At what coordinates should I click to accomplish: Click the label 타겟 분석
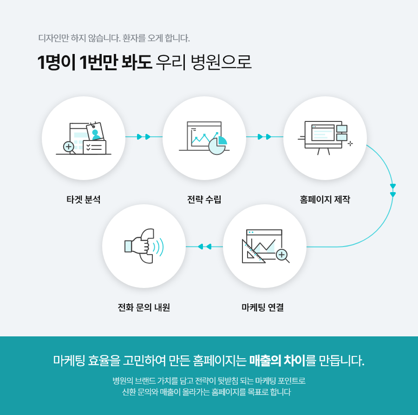click(84, 200)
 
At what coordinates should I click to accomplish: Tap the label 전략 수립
click(204, 200)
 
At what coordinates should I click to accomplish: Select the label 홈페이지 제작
click(325, 200)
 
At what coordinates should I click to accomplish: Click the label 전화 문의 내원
click(144, 308)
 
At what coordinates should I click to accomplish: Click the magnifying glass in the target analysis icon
click(69, 147)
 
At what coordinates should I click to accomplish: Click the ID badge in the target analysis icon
click(95, 132)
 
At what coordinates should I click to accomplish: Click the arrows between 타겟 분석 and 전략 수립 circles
click(144, 137)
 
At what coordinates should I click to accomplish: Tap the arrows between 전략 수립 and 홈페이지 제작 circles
click(265, 137)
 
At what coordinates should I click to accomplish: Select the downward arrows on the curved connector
click(393, 190)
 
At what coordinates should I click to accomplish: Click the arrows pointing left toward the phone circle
click(204, 247)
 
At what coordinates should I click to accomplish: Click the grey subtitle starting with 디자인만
click(114, 38)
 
